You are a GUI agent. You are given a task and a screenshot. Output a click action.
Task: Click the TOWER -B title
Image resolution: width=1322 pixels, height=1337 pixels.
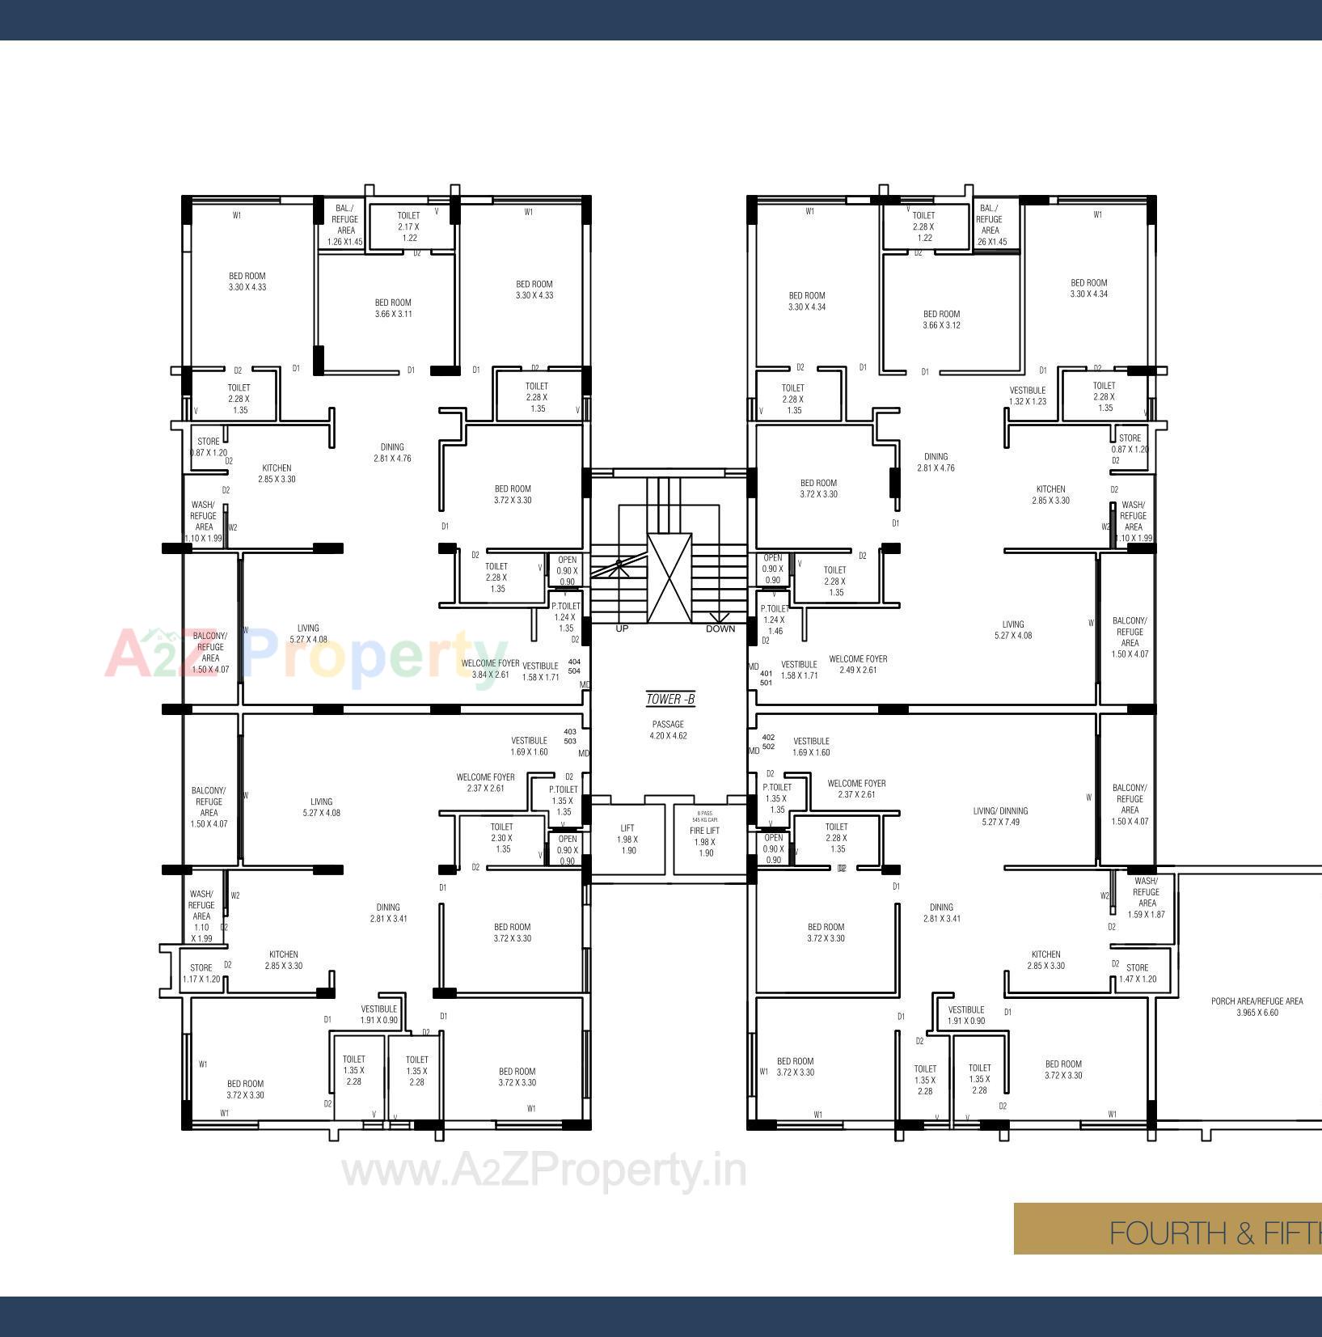[670, 699]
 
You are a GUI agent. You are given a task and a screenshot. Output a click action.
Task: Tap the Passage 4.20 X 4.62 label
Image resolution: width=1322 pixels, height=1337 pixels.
[668, 730]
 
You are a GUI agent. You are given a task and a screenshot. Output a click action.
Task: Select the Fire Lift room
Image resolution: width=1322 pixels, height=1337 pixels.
[705, 842]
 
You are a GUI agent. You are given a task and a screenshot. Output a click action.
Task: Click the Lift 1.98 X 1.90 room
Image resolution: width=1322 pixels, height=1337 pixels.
[627, 840]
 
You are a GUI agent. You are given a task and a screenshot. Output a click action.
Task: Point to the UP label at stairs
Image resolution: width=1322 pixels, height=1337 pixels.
[622, 628]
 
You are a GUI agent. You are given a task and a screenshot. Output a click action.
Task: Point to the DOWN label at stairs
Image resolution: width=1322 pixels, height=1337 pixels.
[720, 628]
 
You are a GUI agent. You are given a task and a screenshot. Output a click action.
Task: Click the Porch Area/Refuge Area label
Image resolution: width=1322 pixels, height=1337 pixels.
[1257, 1006]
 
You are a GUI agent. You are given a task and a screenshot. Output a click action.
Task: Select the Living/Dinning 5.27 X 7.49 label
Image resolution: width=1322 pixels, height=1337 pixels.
[1000, 816]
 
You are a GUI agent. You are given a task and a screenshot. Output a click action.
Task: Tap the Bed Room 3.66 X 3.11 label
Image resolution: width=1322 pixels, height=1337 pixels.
[393, 308]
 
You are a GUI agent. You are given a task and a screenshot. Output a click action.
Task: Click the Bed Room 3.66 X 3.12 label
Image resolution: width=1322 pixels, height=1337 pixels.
[941, 319]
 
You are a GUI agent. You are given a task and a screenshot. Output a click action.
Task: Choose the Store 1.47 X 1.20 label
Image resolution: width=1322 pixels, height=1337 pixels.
[1137, 973]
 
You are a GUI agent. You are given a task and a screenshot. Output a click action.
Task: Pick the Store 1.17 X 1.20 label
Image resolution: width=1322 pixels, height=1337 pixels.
[201, 973]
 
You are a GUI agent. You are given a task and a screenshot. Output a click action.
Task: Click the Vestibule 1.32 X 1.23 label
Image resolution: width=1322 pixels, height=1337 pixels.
[1027, 396]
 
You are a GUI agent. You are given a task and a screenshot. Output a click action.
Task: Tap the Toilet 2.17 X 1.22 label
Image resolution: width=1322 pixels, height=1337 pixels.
[408, 226]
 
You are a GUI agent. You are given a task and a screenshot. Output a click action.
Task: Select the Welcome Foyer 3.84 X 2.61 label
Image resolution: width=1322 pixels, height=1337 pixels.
[490, 669]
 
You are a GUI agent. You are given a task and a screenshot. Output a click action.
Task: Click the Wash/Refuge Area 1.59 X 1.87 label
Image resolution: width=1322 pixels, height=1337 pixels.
[1146, 898]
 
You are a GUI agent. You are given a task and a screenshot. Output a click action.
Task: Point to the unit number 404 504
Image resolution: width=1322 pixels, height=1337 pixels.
[574, 666]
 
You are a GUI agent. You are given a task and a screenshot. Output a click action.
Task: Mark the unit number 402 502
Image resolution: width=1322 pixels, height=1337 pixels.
[768, 742]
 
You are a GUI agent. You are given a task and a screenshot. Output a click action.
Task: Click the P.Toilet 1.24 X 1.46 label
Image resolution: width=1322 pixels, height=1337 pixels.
[774, 620]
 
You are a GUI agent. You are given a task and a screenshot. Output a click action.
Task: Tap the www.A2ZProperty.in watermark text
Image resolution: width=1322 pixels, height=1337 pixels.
[543, 1170]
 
